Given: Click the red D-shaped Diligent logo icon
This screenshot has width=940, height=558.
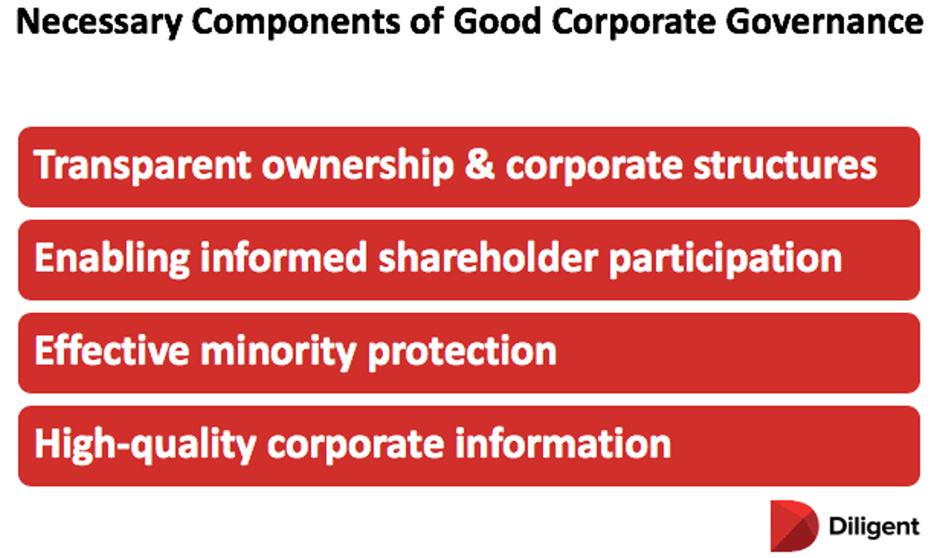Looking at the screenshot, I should point(793,526).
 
